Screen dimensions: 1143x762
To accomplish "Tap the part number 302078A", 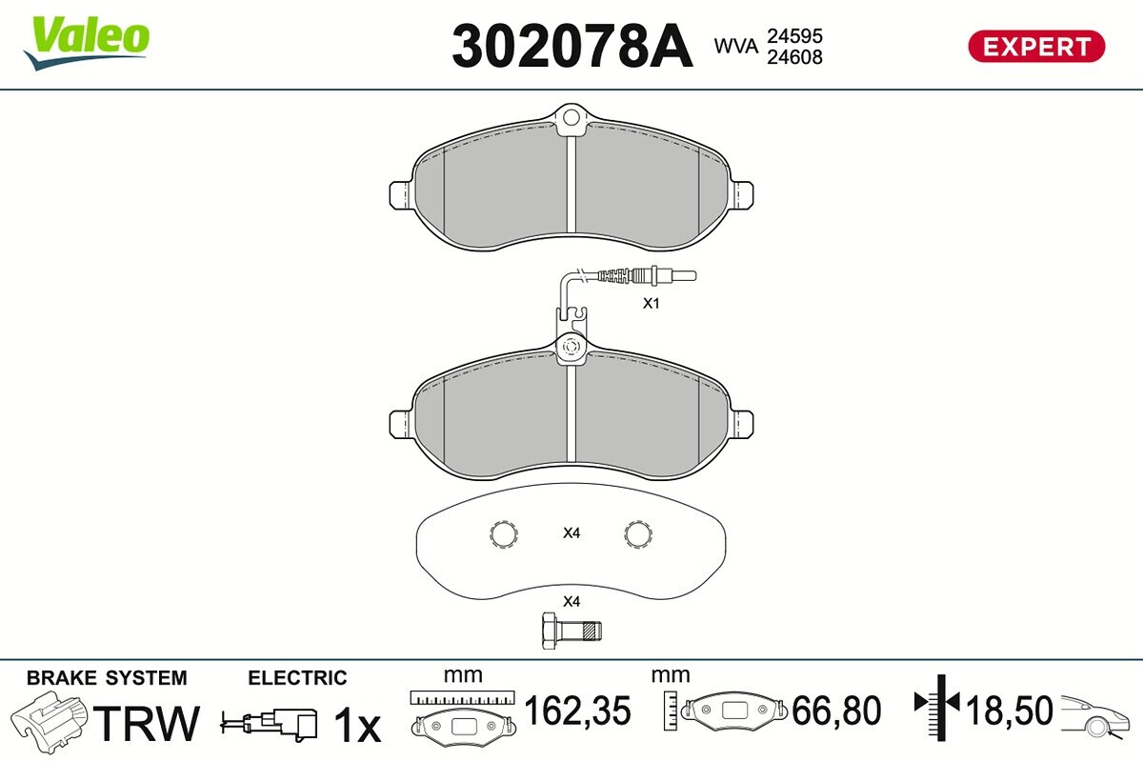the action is pyautogui.click(x=572, y=47).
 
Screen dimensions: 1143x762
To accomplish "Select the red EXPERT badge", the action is pyautogui.click(x=1036, y=47).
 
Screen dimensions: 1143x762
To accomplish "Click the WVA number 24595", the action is pyautogui.click(x=794, y=36).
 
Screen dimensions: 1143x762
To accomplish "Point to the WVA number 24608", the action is pyautogui.click(x=794, y=57).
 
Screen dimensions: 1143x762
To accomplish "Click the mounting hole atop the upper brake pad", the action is pyautogui.click(x=571, y=118).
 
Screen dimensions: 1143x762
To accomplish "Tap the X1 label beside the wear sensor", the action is pyautogui.click(x=652, y=303).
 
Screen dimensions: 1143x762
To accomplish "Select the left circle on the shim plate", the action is pyautogui.click(x=504, y=534).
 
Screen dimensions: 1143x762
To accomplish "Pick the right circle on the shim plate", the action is pyautogui.click(x=638, y=534).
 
